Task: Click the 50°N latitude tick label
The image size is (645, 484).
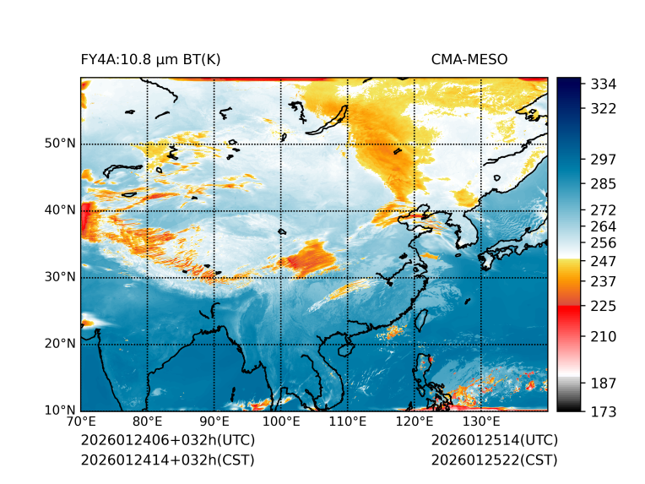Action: (x=59, y=144)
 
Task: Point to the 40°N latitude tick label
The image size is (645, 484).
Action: (x=59, y=210)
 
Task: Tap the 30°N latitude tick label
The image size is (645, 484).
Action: (x=59, y=277)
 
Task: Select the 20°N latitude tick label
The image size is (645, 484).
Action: (x=59, y=344)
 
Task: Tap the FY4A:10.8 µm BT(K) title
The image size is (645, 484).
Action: (x=151, y=59)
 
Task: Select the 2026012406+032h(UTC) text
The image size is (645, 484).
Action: (x=167, y=440)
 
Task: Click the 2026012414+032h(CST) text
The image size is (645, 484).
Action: (x=167, y=460)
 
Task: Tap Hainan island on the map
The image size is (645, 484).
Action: (x=344, y=348)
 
